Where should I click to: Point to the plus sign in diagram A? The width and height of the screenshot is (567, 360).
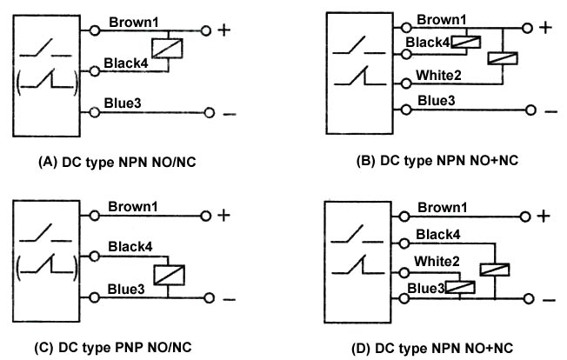223,30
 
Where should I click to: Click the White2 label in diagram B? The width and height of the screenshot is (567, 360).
440,75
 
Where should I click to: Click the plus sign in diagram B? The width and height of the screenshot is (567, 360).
545,27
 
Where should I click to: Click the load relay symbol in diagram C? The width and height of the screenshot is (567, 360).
167,274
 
